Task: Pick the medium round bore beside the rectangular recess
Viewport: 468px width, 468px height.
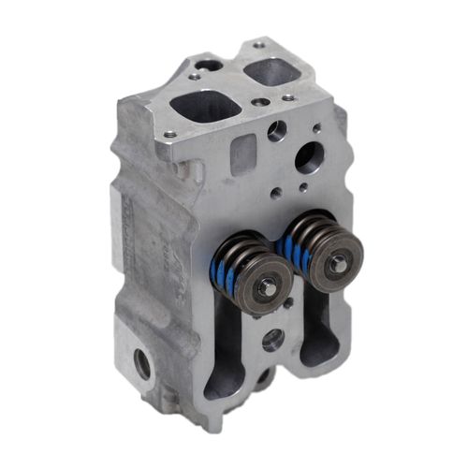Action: [276, 131]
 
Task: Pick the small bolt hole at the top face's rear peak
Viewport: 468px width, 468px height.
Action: [258, 44]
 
